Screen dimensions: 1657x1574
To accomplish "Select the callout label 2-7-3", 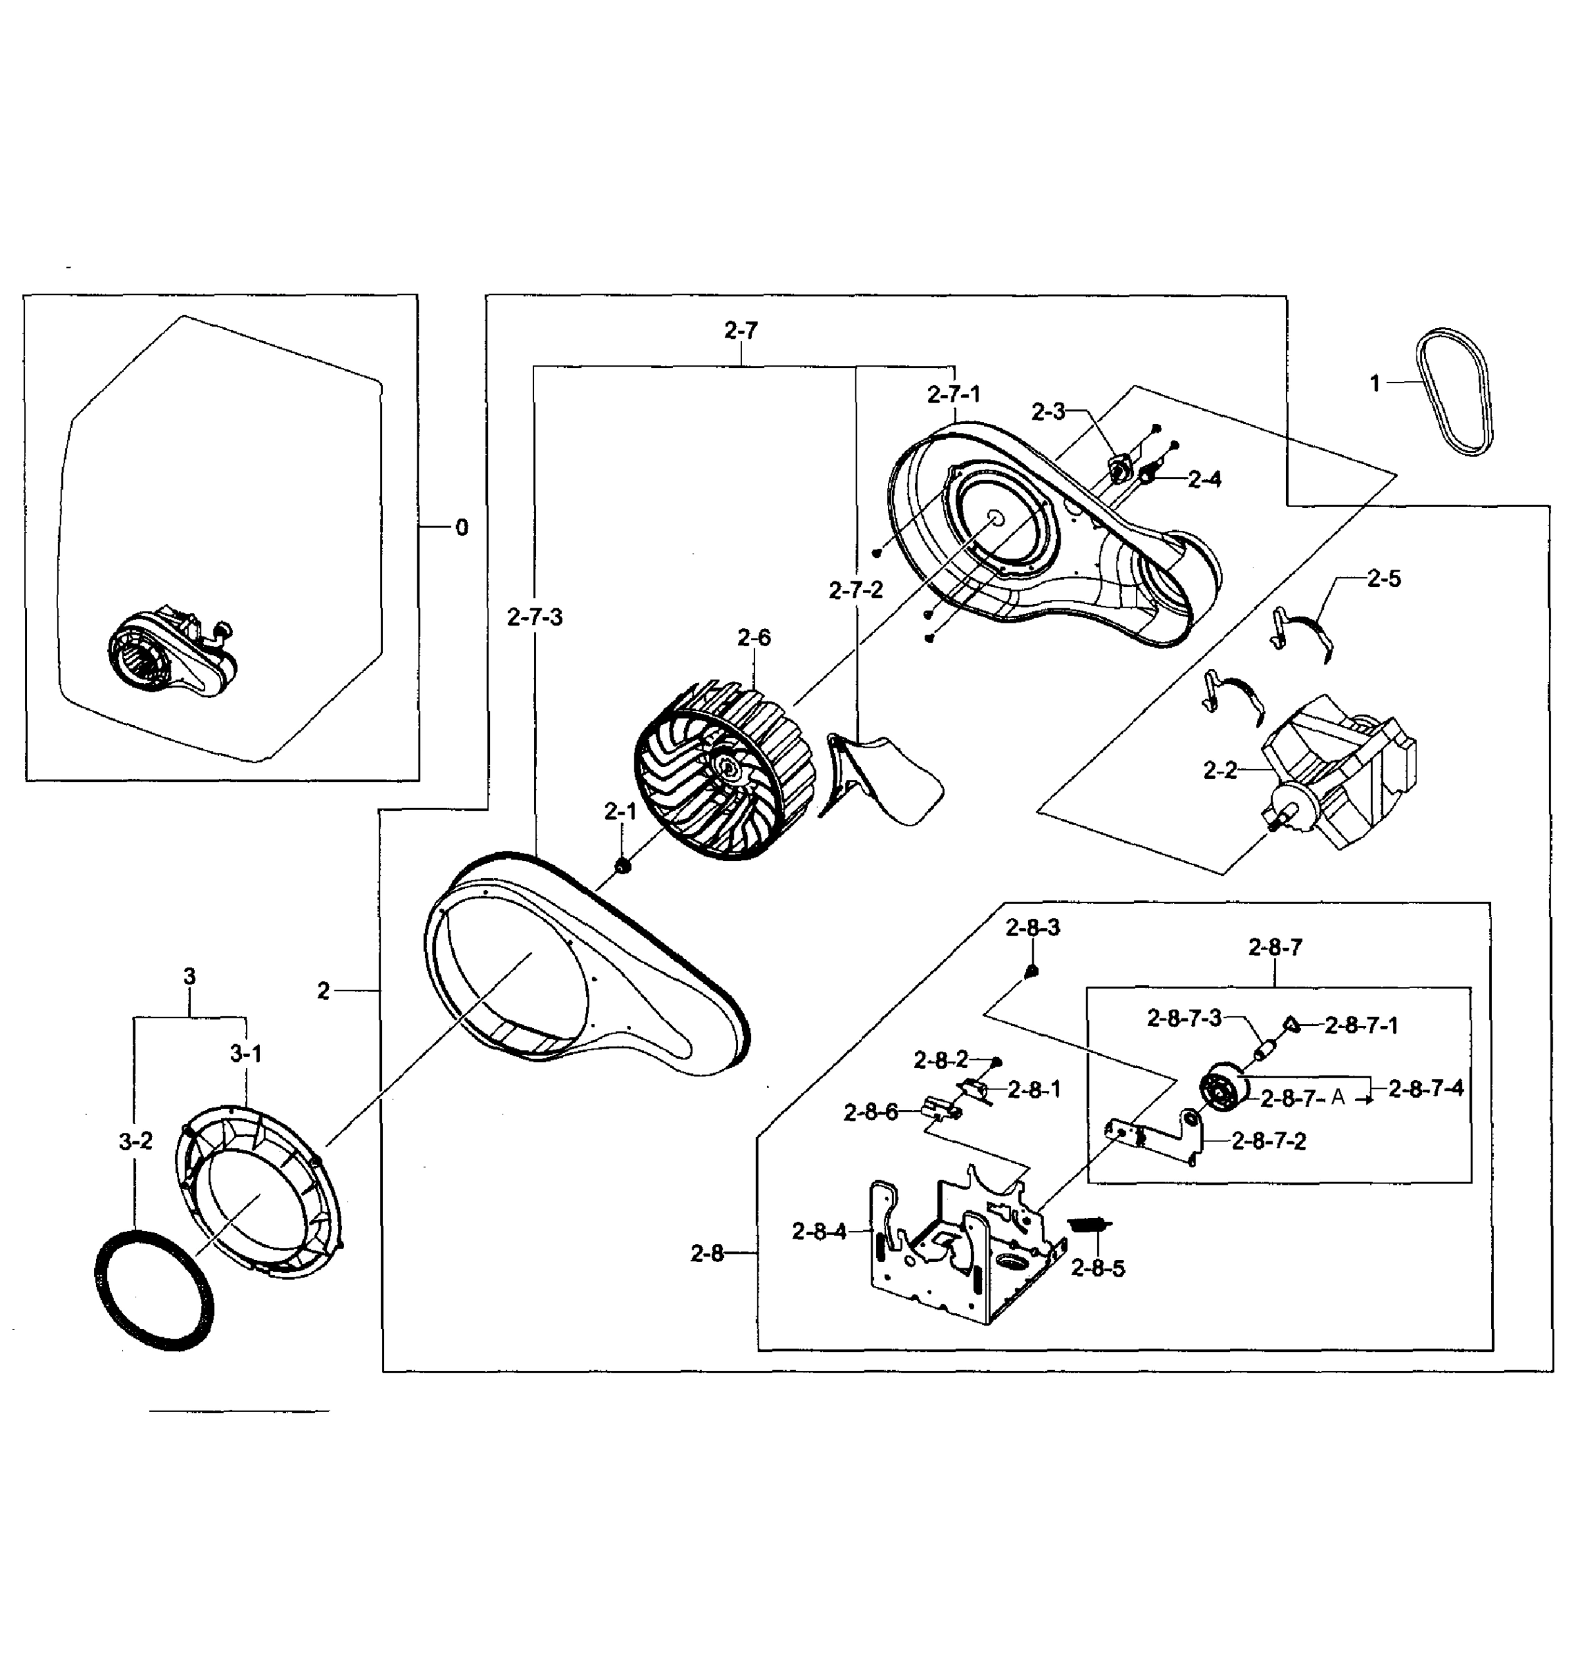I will click(535, 618).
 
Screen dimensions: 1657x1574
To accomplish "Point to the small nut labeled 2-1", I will click(623, 865).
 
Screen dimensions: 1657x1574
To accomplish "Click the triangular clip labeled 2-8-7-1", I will click(1291, 1025).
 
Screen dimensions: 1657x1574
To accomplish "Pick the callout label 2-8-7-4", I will click(1426, 1089).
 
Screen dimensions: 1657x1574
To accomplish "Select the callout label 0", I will click(462, 527).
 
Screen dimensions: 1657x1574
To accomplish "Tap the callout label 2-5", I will click(1383, 579).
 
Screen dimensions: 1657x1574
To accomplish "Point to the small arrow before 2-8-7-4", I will click(1365, 1099).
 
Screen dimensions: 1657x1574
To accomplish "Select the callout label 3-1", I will click(246, 1054).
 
